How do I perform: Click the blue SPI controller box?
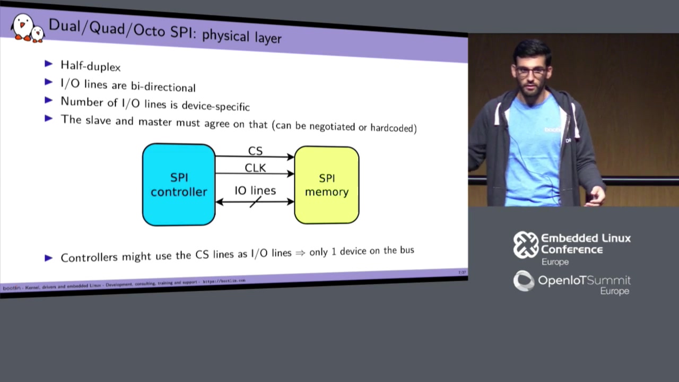(179, 184)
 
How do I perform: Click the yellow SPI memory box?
(327, 185)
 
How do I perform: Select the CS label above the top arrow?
(255, 151)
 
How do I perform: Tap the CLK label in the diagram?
(255, 168)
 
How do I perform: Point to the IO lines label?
(255, 190)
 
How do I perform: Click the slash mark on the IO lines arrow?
(255, 202)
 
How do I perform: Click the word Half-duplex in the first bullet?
(91, 66)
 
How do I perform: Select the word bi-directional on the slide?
(163, 86)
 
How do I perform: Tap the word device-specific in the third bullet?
(215, 106)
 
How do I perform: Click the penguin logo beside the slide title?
(28, 28)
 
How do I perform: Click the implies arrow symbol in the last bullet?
(300, 253)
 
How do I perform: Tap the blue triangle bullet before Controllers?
(49, 258)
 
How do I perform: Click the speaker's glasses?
(530, 71)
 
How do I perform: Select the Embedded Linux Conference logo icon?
(525, 245)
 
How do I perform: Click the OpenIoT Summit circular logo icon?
(524, 281)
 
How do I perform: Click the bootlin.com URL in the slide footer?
(224, 281)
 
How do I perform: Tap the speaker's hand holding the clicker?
(595, 197)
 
